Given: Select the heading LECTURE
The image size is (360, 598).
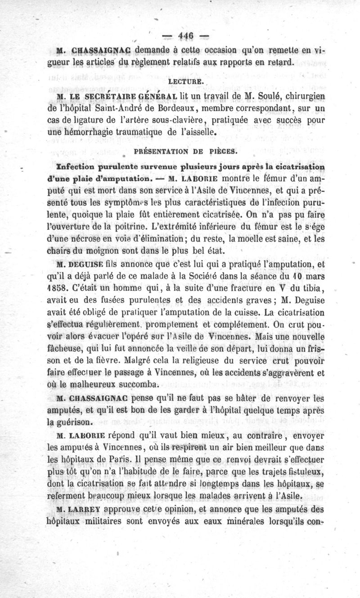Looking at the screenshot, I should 182,82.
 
